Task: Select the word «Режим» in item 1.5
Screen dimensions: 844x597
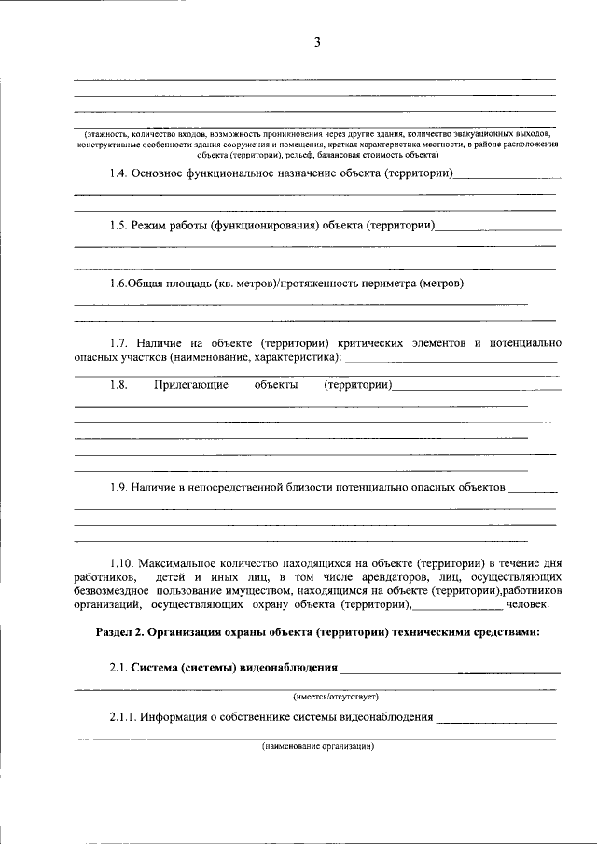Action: pyautogui.click(x=153, y=226)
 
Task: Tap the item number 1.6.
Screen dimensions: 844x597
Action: pyautogui.click(x=118, y=283)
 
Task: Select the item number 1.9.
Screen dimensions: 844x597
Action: pyautogui.click(x=118, y=487)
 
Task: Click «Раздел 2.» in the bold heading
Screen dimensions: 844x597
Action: pyautogui.click(x=118, y=632)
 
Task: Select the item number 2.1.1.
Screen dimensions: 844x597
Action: pyautogui.click(x=125, y=717)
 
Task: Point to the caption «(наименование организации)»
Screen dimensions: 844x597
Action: pyautogui.click(x=317, y=747)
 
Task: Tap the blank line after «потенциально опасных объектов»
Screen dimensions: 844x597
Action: pyautogui.click(x=534, y=491)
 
